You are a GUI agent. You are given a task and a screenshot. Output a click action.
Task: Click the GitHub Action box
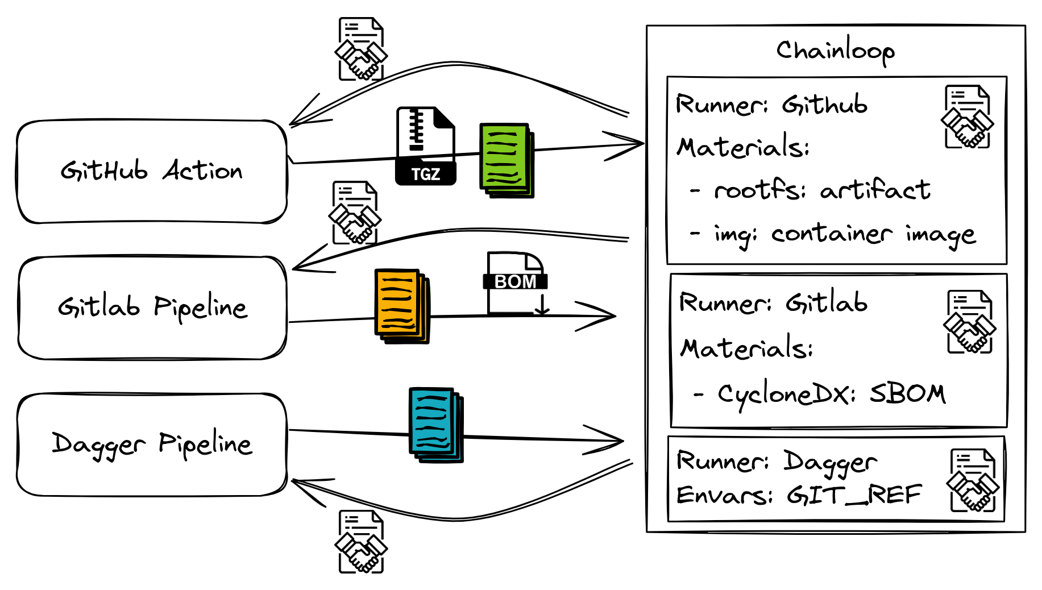(x=152, y=171)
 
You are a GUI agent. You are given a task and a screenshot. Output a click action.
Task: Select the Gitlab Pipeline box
(x=152, y=308)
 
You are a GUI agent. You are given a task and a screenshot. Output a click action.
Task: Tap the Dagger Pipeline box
(x=152, y=444)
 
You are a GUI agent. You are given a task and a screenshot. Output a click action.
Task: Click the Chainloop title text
(x=835, y=51)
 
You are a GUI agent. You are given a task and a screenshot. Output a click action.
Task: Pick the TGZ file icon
(x=426, y=146)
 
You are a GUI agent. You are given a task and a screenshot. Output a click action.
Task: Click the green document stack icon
(x=507, y=160)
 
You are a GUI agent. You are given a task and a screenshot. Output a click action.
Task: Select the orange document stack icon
(x=401, y=306)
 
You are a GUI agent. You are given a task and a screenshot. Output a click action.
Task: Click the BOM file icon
(x=516, y=283)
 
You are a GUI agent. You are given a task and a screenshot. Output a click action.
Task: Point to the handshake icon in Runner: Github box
(x=967, y=118)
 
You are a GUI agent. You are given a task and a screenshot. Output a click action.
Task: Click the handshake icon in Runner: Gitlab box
(x=969, y=322)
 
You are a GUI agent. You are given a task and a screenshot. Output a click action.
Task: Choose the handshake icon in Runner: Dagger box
(x=973, y=481)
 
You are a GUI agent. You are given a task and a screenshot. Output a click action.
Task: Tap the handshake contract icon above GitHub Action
(x=361, y=49)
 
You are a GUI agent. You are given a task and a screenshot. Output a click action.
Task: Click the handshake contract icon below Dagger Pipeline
(x=361, y=542)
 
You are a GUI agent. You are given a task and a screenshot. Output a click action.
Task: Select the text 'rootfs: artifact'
(x=821, y=190)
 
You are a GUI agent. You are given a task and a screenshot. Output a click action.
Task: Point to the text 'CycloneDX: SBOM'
(x=831, y=394)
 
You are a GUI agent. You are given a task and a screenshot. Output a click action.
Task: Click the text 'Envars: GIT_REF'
(x=798, y=495)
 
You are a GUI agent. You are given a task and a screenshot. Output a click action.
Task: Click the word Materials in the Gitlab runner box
(x=746, y=348)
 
